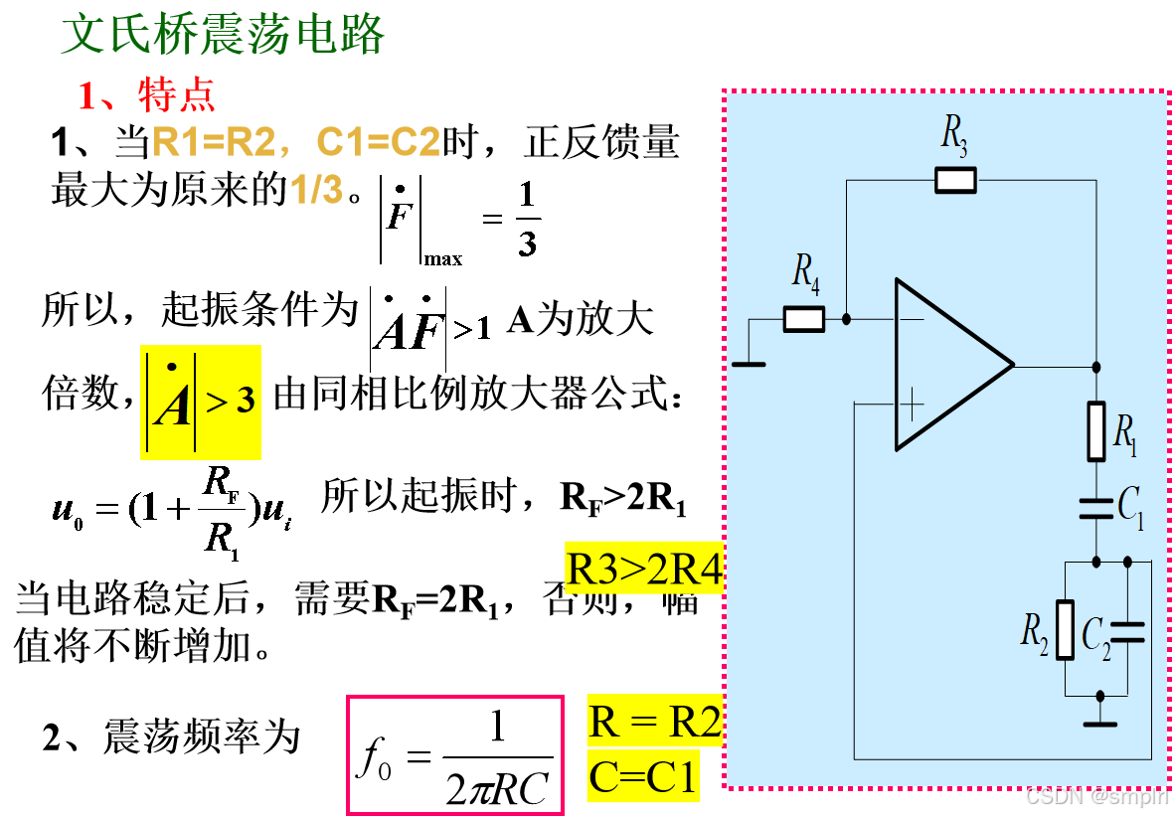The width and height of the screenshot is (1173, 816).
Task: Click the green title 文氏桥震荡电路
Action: pyautogui.click(x=223, y=35)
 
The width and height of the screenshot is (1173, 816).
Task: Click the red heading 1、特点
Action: pyautogui.click(x=146, y=96)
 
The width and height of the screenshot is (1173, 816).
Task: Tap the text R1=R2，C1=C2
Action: pyautogui.click(x=296, y=143)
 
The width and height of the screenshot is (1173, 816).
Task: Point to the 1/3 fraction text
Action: pyautogui.click(x=316, y=190)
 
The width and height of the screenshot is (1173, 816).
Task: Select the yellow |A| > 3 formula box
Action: pyautogui.click(x=201, y=403)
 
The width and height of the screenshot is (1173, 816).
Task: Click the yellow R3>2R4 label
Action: pyautogui.click(x=643, y=569)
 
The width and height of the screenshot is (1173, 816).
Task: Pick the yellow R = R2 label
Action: pyautogui.click(x=654, y=722)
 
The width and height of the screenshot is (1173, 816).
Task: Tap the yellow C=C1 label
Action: pyautogui.click(x=642, y=776)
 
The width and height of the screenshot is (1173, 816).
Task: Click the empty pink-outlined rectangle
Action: pyautogui.click(x=455, y=754)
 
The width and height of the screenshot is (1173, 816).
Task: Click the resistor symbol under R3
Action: pyautogui.click(x=955, y=180)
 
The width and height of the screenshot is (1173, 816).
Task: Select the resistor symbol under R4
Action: pyautogui.click(x=804, y=319)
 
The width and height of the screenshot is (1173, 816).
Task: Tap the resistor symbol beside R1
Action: pyautogui.click(x=1095, y=431)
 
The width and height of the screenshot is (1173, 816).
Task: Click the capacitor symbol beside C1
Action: pyautogui.click(x=1095, y=509)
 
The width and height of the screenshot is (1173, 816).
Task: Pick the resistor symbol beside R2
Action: pyautogui.click(x=1065, y=630)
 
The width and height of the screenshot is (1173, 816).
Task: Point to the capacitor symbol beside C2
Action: pyautogui.click(x=1127, y=632)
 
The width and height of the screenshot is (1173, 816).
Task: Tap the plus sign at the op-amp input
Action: pyautogui.click(x=911, y=404)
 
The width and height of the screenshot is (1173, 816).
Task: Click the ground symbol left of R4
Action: pyautogui.click(x=749, y=364)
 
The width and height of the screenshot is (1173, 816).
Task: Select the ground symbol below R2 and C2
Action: pyautogui.click(x=1099, y=722)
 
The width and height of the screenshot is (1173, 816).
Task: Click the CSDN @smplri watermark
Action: pyautogui.click(x=1094, y=795)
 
